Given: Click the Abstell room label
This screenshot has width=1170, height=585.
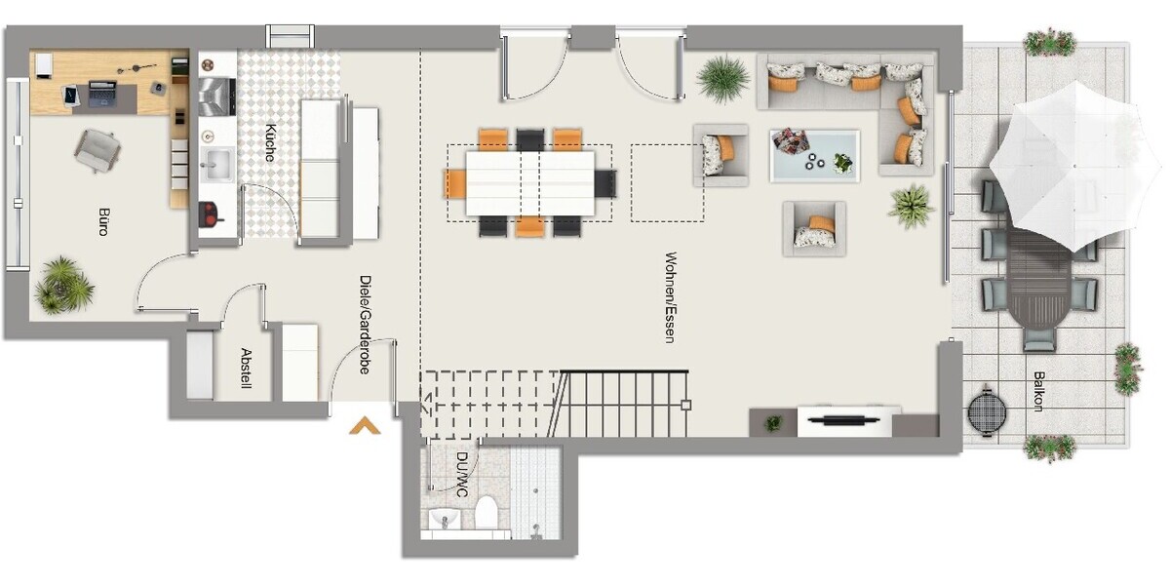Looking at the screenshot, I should click(x=246, y=369).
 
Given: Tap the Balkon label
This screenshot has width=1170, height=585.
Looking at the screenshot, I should click(x=1040, y=391).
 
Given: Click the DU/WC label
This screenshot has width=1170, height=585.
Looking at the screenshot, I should click(x=462, y=473).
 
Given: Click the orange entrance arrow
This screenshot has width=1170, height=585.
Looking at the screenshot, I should click(x=365, y=424).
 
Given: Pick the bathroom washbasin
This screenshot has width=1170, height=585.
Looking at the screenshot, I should click(x=445, y=518).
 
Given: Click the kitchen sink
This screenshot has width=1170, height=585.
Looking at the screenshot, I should click(x=216, y=164).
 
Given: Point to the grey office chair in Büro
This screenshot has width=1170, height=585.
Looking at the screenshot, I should click(x=98, y=150).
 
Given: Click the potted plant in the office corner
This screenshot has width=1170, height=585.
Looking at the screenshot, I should click(x=64, y=286).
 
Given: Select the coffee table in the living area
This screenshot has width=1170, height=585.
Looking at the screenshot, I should click(x=814, y=155).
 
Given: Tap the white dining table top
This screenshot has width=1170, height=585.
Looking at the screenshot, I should click(x=530, y=182).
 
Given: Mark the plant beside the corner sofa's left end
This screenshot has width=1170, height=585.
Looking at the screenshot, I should click(x=723, y=78).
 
